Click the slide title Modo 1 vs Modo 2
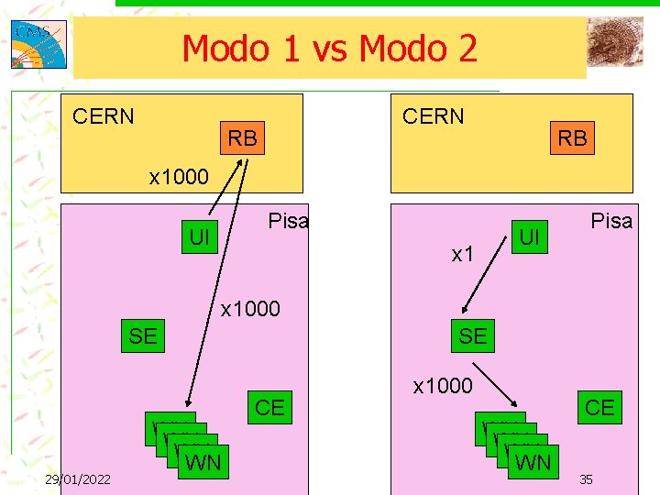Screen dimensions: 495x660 [x=329, y=48]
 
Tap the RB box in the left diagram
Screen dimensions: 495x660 [x=242, y=138]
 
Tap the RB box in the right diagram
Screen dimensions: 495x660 [x=572, y=138]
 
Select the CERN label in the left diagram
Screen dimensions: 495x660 [x=104, y=116]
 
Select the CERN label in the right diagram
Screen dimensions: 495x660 [x=434, y=116]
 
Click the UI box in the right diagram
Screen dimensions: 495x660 [x=528, y=237]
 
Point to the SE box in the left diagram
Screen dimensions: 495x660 [x=143, y=336]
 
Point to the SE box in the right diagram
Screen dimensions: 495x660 [x=473, y=336]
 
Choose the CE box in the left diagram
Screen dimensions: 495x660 [x=269, y=407]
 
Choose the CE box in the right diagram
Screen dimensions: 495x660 [x=599, y=407]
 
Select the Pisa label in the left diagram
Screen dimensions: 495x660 [x=287, y=221]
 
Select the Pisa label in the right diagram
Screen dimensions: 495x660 [x=611, y=221]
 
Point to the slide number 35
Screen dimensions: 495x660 [x=588, y=479]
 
